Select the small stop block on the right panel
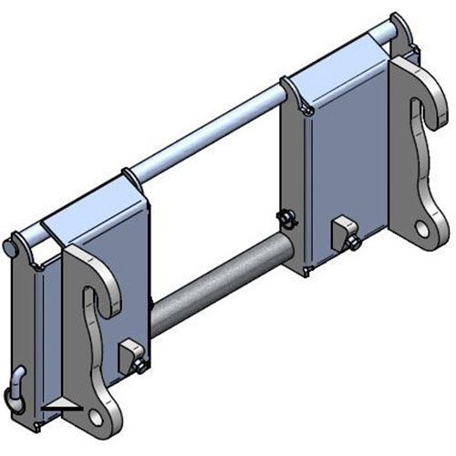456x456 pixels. pyautogui.click(x=343, y=225)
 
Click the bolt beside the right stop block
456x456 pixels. pyautogui.click(x=352, y=242)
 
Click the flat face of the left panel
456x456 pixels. pyautogui.click(x=100, y=246)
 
